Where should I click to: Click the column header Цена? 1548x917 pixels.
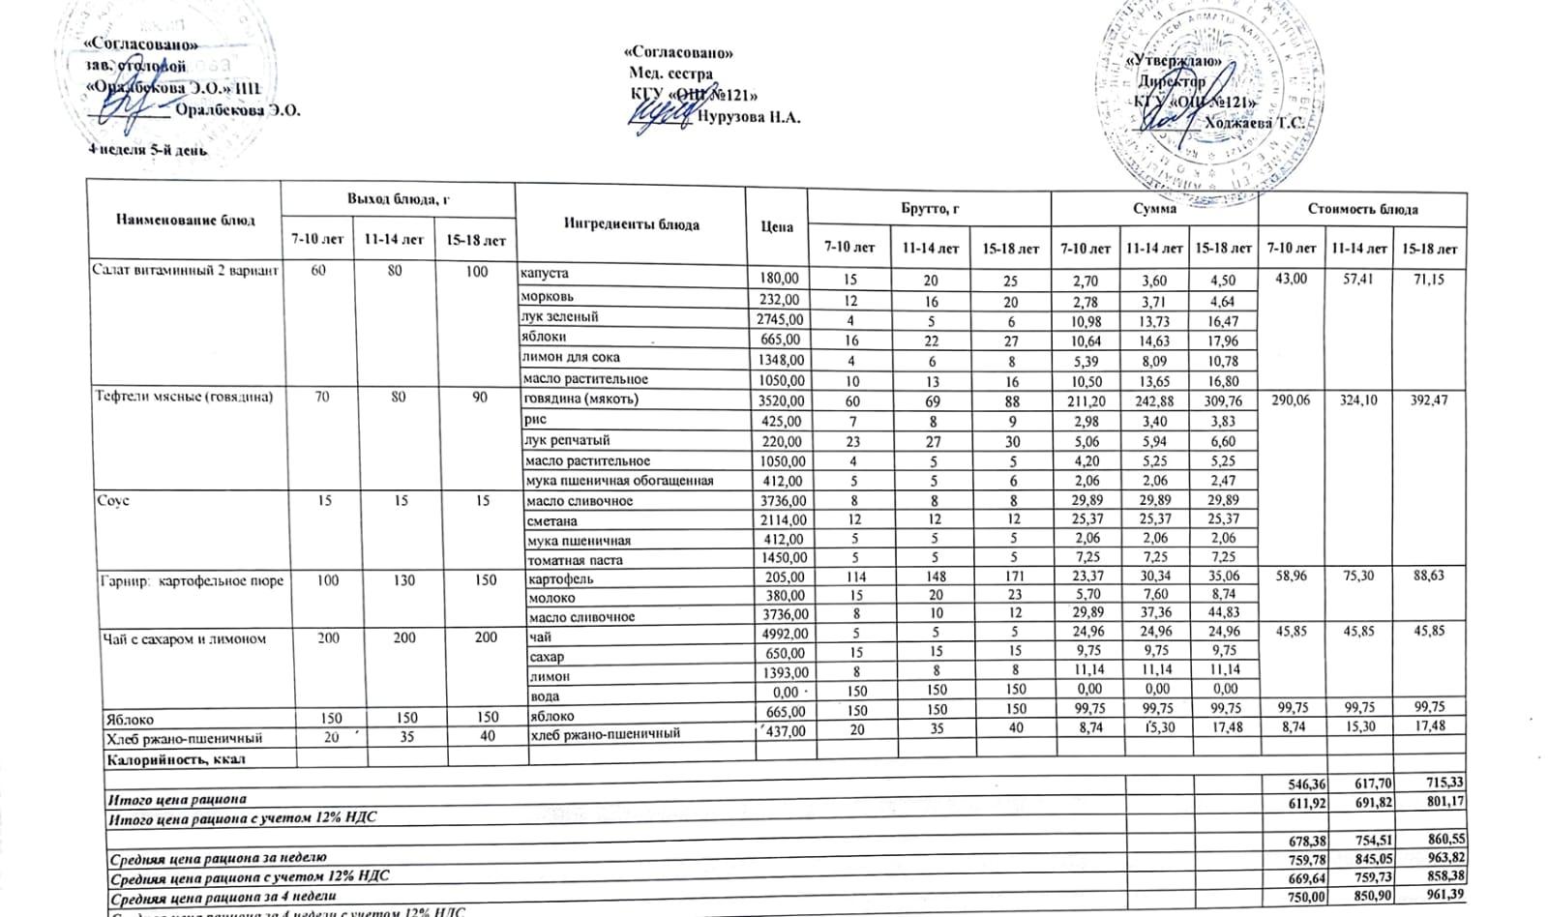click(776, 226)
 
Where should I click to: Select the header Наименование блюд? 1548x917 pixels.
click(186, 220)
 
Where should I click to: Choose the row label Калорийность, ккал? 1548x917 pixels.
click(175, 759)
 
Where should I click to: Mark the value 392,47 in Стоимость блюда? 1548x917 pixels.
click(1428, 399)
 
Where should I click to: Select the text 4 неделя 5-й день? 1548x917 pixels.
click(147, 150)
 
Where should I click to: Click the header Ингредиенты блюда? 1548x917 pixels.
click(631, 224)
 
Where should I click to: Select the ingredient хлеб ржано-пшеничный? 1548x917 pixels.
click(605, 733)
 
